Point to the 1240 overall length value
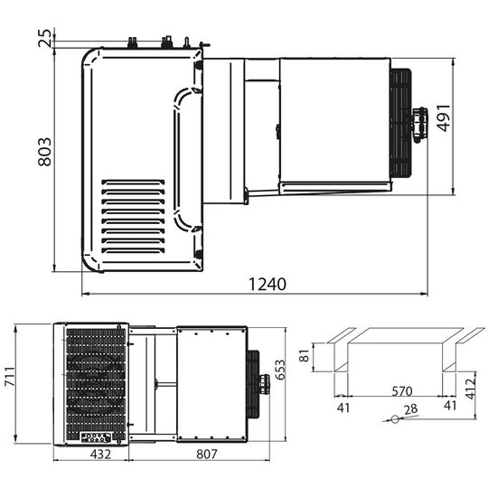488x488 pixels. click(x=267, y=284)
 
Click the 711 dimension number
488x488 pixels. click(x=10, y=383)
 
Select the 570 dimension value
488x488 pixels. click(x=402, y=391)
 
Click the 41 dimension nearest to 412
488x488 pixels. click(x=451, y=406)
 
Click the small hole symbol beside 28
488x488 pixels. click(x=391, y=419)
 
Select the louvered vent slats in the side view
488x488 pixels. click(x=133, y=216)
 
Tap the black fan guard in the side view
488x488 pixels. click(x=400, y=123)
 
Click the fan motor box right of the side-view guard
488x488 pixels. click(x=418, y=124)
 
